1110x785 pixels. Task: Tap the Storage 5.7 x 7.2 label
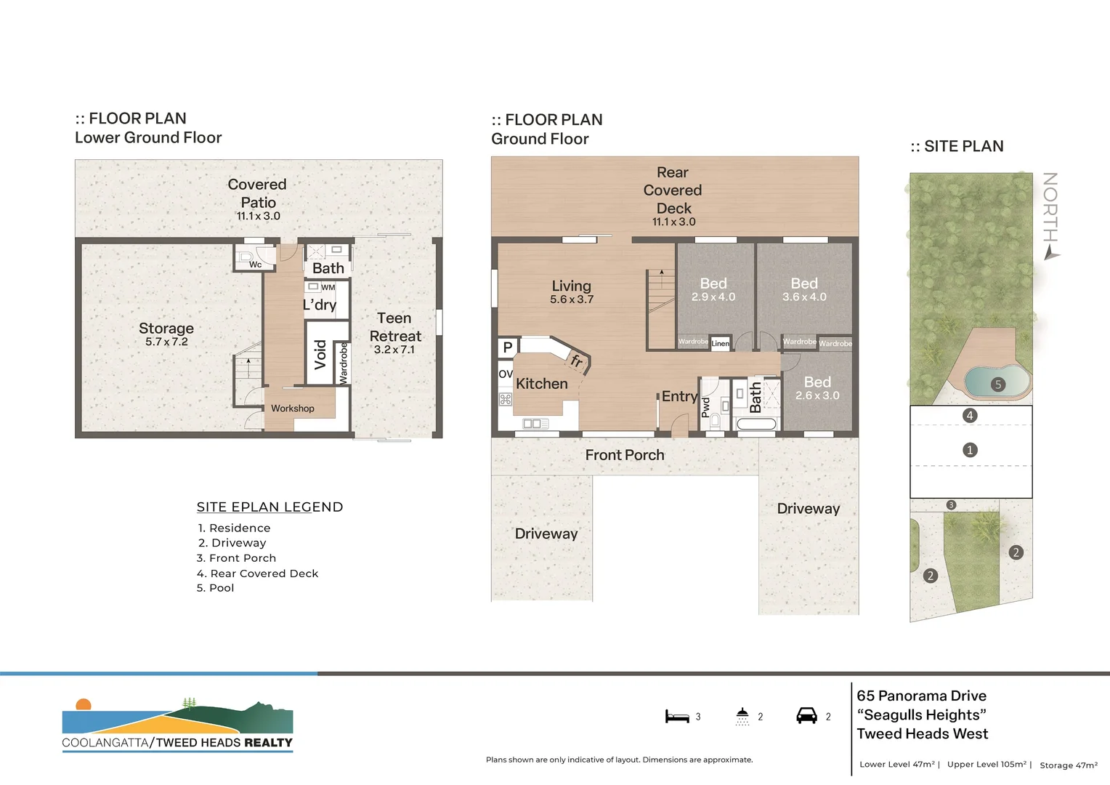pyautogui.click(x=166, y=334)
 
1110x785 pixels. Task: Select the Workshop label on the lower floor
pyautogui.click(x=293, y=408)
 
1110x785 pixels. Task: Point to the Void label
pyautogui.click(x=320, y=355)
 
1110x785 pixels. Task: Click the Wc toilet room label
pyautogui.click(x=255, y=265)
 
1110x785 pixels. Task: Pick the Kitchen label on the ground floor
pyautogui.click(x=542, y=384)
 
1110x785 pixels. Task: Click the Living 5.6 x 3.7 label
pyautogui.click(x=572, y=291)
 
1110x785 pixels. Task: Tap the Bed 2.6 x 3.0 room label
pyautogui.click(x=817, y=387)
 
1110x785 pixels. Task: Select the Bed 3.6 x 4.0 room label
pyautogui.click(x=804, y=289)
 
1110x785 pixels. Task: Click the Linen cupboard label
pyautogui.click(x=721, y=344)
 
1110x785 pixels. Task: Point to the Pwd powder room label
pyautogui.click(x=705, y=406)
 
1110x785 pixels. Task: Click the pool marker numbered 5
pyautogui.click(x=998, y=385)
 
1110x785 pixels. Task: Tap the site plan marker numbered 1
pyautogui.click(x=969, y=450)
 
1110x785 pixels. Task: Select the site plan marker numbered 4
pyautogui.click(x=969, y=416)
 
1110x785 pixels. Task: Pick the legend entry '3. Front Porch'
pyautogui.click(x=237, y=558)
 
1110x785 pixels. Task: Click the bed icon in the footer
pyautogui.click(x=677, y=717)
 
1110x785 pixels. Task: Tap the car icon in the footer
pyautogui.click(x=806, y=716)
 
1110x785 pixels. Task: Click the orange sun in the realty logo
pyautogui.click(x=84, y=704)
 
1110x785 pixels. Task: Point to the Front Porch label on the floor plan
pyautogui.click(x=625, y=455)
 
